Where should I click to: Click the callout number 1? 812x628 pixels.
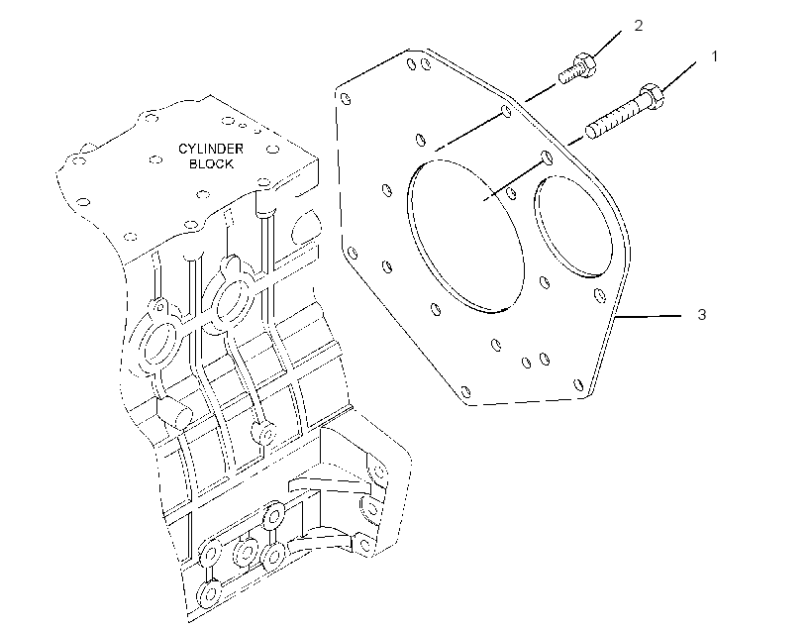[x=715, y=55]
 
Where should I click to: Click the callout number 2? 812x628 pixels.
[x=639, y=26]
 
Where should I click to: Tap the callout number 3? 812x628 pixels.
[x=702, y=315]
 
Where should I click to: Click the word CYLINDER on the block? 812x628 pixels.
[x=211, y=149]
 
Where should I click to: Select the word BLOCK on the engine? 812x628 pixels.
[x=211, y=163]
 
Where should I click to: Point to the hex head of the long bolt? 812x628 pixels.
[x=651, y=96]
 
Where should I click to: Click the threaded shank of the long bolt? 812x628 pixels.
[x=615, y=120]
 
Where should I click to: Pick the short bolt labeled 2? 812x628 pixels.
[x=577, y=68]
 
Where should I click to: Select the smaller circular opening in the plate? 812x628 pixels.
[x=573, y=226]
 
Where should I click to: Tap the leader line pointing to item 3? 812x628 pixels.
[x=649, y=316]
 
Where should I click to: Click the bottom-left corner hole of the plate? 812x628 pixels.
[x=465, y=391]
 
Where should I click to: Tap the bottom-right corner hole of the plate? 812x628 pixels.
[x=578, y=384]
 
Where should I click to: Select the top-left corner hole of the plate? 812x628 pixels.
[x=346, y=98]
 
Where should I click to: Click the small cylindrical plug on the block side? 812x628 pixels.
[x=174, y=411]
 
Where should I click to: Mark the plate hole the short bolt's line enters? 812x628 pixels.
[x=506, y=110]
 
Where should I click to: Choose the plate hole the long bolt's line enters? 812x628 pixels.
[x=546, y=157]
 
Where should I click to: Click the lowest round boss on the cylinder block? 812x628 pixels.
[x=209, y=593]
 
